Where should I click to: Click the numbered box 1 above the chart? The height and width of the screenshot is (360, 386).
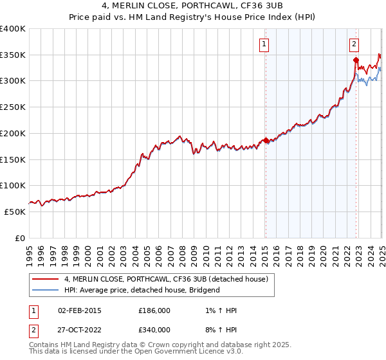pos(265,44)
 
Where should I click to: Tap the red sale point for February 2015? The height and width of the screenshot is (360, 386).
pos(266,140)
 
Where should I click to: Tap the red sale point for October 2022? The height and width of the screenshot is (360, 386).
pos(356,60)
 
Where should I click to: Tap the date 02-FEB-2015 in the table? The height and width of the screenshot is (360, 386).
pos(79,311)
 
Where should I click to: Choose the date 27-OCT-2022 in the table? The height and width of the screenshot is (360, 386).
pos(79,330)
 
